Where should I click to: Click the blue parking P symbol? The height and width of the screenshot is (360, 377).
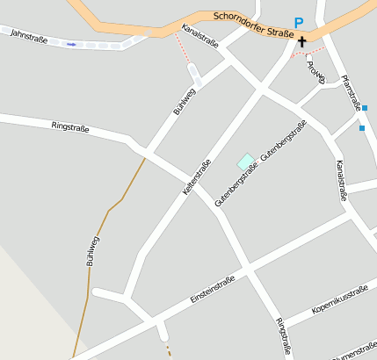[299, 23]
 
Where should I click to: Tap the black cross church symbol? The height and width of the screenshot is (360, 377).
[302, 40]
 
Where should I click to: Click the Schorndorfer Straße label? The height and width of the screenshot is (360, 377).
[254, 25]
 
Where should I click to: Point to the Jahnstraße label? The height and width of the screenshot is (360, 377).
[29, 35]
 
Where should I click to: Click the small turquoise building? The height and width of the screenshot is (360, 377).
[246, 161]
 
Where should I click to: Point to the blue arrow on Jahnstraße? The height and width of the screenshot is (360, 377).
[70, 43]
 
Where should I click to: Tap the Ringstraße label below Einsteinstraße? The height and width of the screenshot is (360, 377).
[284, 336]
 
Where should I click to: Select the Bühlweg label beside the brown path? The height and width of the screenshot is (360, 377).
[91, 249]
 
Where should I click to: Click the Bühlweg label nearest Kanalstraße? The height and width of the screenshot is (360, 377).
[181, 104]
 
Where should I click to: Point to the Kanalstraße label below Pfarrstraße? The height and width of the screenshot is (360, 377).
[342, 180]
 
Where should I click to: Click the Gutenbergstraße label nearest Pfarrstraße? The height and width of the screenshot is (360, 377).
[283, 139]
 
